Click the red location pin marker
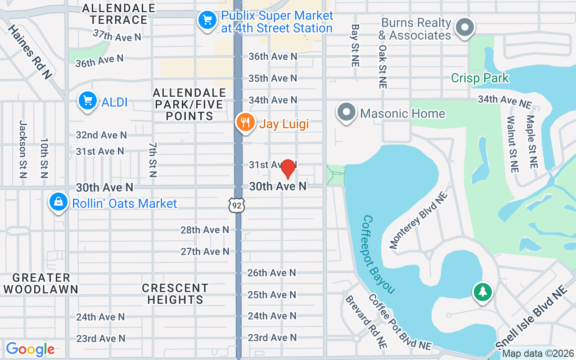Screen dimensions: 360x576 coord(288,169)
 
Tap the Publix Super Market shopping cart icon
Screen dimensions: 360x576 coord(207,20)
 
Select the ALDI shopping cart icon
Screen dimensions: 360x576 coord(88,101)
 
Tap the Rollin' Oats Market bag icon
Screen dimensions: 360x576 coord(58,202)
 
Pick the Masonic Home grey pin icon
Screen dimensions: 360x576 coord(346,112)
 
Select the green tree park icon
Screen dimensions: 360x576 coord(483,292)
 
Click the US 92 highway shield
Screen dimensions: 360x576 coord(236,205)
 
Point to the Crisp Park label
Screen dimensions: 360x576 coord(480,78)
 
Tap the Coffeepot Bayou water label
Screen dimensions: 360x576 coord(378,254)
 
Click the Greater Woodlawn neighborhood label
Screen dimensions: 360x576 coord(40,283)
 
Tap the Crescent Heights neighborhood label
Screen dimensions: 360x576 coord(175,293)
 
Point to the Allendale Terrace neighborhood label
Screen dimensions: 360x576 coord(119,14)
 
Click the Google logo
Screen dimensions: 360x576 coord(30,349)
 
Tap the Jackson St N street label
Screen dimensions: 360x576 coord(23,149)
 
